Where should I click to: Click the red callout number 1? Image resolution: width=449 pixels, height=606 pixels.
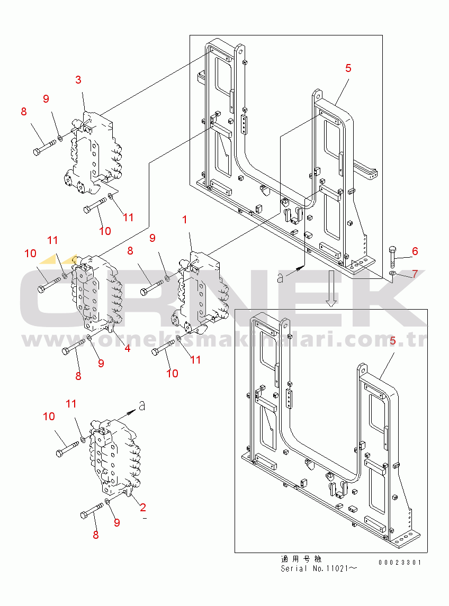[x=184, y=220]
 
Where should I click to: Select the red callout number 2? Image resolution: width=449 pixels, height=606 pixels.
[x=143, y=507]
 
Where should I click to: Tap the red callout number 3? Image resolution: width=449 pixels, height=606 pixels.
[x=78, y=79]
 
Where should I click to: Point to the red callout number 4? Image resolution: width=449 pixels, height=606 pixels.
[x=127, y=348]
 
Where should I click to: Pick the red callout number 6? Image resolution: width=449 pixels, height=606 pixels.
[x=415, y=251]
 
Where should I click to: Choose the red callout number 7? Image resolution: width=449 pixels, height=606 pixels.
[x=415, y=274]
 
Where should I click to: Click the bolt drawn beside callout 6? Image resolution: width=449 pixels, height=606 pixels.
[x=392, y=256]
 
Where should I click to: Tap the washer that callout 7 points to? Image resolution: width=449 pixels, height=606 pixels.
[x=392, y=274]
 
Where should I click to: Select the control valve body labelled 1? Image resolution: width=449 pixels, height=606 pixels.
[x=200, y=293]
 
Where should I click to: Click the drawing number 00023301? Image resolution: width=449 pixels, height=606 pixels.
[x=400, y=563]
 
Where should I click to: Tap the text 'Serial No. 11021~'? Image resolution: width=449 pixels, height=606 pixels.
[x=319, y=568]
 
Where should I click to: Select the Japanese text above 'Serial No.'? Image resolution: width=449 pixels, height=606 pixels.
[x=301, y=559]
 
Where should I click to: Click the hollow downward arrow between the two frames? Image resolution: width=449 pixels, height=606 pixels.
[x=331, y=288]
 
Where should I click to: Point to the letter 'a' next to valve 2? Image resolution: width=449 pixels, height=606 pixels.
[x=142, y=406]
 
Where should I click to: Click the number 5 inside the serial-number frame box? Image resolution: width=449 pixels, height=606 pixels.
[x=393, y=341]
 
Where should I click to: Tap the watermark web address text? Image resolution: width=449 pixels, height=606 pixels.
[x=224, y=340]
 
